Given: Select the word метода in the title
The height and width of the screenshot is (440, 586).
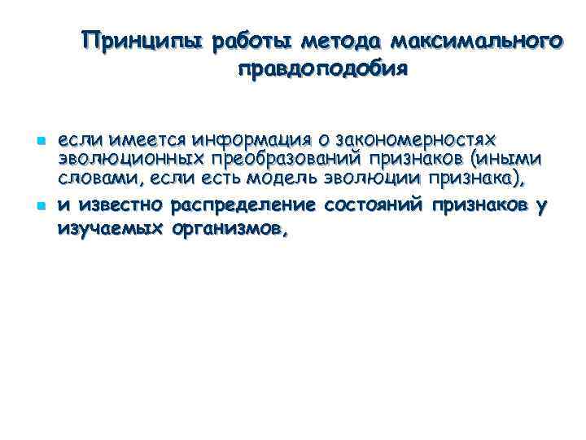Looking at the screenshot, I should coord(342,41).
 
